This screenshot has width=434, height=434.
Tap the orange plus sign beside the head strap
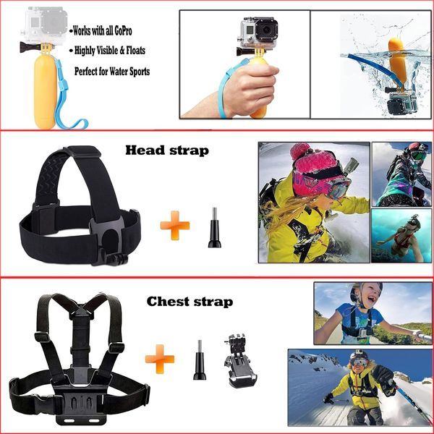pos(174,224)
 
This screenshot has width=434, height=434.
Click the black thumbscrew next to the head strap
pos(214,229)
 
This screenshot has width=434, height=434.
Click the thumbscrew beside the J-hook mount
pos(199,362)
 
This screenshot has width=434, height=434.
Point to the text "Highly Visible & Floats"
pos(112,52)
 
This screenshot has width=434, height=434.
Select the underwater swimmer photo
pos(401,235)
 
